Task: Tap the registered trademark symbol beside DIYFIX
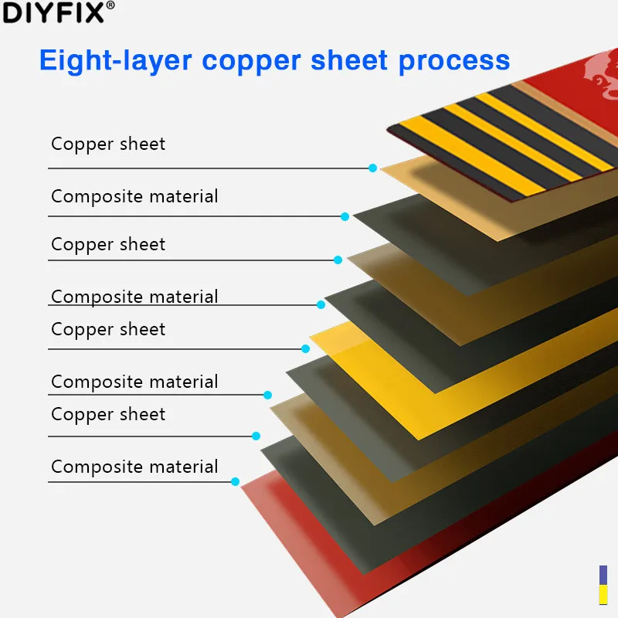(110, 6)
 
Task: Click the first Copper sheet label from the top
(108, 144)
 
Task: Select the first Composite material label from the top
(134, 196)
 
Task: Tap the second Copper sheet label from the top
(108, 244)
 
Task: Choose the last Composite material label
(134, 467)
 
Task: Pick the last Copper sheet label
(108, 414)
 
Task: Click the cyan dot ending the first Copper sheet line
(372, 168)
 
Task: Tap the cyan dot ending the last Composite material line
(235, 481)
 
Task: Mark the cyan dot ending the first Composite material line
(345, 216)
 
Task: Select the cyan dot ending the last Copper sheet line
(256, 436)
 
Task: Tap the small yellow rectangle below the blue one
(603, 594)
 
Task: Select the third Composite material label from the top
(134, 382)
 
